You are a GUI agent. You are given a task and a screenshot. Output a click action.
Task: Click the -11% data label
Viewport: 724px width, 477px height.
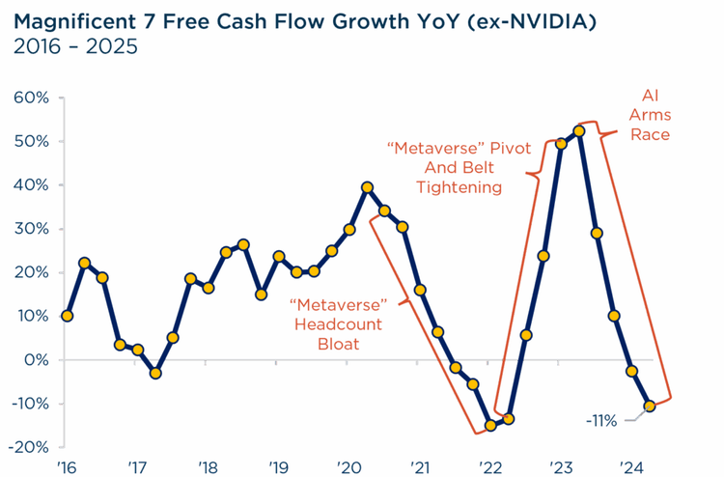[x=603, y=420]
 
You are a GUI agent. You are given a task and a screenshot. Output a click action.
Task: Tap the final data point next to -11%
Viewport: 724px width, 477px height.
[x=651, y=407]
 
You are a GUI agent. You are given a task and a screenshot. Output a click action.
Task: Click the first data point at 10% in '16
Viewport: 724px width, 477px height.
[x=67, y=316]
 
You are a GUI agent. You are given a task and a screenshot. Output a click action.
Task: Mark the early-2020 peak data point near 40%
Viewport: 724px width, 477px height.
[x=367, y=187]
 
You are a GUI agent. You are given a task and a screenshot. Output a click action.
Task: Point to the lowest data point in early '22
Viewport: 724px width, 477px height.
[x=490, y=425]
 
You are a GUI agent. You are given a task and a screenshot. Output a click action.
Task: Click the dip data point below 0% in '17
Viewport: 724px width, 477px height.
[x=154, y=373]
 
